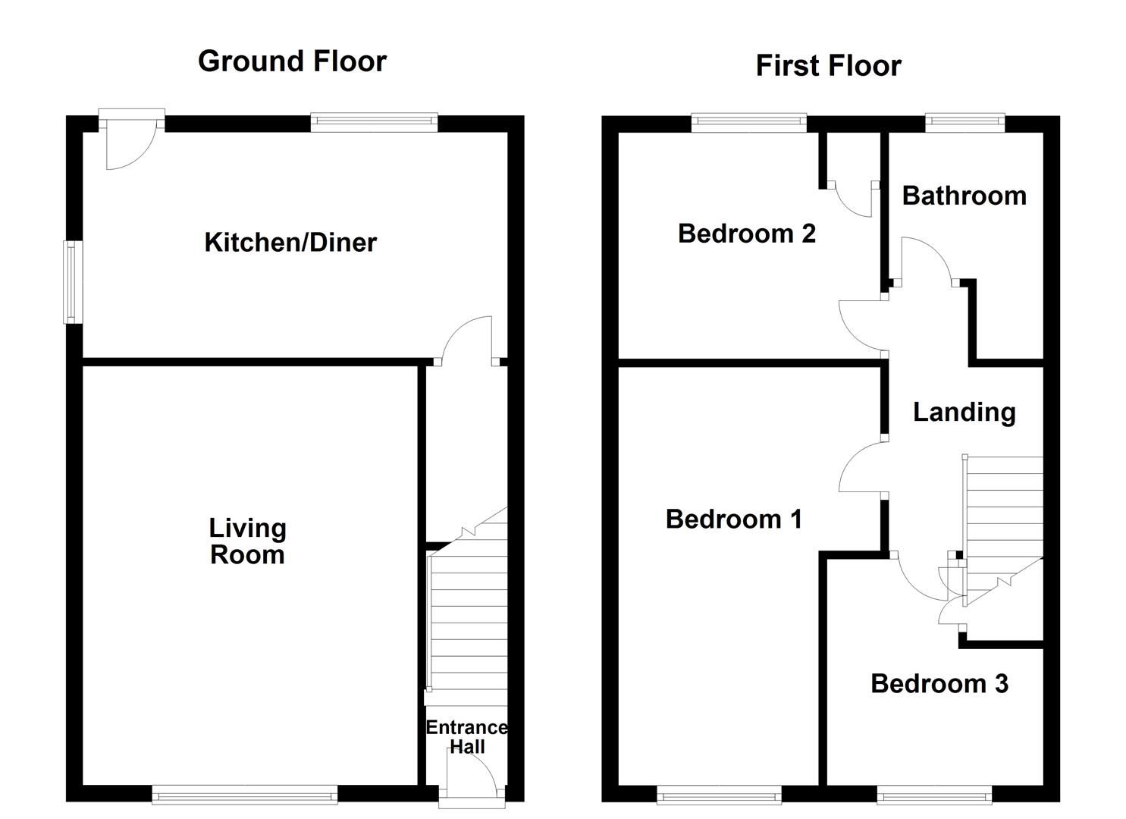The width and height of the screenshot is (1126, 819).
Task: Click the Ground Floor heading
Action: pyautogui.click(x=292, y=61)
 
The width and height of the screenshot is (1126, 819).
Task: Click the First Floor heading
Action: pyautogui.click(x=829, y=66)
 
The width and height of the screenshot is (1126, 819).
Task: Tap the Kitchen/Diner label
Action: pyautogui.click(x=290, y=243)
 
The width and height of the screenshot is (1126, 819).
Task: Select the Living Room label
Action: pyautogui.click(x=247, y=541)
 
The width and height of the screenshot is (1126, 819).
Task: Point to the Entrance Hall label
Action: pyautogui.click(x=467, y=737)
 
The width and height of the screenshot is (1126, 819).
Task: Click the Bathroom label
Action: pyautogui.click(x=964, y=196)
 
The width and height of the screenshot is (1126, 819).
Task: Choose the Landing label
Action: pyautogui.click(x=964, y=413)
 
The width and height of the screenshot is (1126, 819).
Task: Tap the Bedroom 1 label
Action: pyautogui.click(x=733, y=519)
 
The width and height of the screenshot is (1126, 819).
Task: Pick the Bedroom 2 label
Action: pyautogui.click(x=746, y=234)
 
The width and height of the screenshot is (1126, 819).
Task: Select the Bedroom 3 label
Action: pyautogui.click(x=939, y=684)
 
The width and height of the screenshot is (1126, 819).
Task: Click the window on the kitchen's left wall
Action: pyautogui.click(x=73, y=282)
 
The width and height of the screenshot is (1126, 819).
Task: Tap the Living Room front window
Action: pyautogui.click(x=245, y=795)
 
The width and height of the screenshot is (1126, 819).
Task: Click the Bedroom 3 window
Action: pyautogui.click(x=934, y=795)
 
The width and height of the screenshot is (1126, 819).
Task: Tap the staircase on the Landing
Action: pyautogui.click(x=1002, y=531)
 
